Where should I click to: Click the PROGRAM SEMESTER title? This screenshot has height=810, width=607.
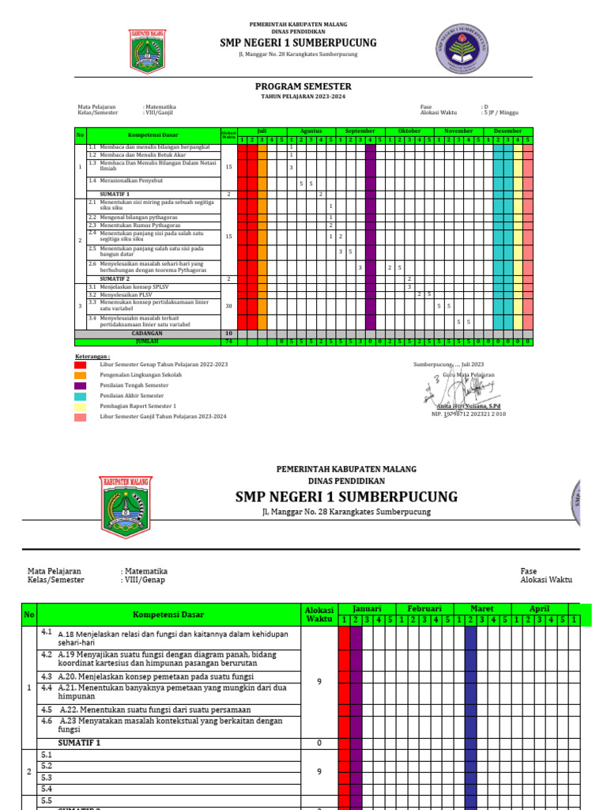click(303, 86)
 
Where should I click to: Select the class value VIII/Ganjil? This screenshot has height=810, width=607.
click(160, 113)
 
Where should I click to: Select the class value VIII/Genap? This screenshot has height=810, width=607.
click(144, 580)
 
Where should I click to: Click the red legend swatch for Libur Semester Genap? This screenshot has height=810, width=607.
click(81, 365)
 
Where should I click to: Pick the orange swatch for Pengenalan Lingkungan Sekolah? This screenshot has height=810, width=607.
click(81, 375)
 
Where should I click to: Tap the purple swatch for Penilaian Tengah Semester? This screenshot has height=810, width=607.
click(81, 385)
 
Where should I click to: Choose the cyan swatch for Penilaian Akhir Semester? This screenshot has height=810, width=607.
click(81, 396)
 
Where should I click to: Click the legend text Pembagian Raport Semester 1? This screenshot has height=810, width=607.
click(138, 406)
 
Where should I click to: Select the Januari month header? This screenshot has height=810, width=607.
click(367, 608)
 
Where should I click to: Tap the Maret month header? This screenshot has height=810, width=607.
click(482, 608)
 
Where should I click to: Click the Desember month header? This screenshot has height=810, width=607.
click(508, 131)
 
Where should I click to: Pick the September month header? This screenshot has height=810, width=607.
click(360, 131)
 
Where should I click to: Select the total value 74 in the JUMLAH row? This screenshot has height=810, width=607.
click(228, 342)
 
